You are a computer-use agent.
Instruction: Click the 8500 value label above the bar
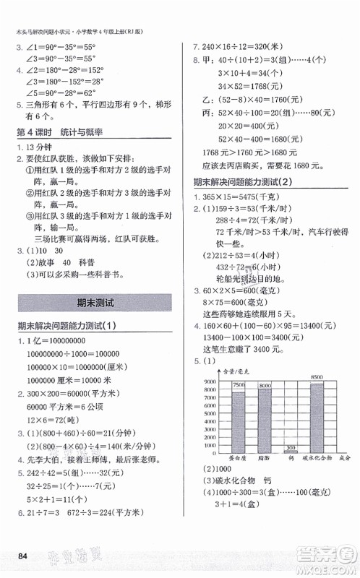(x=317, y=377)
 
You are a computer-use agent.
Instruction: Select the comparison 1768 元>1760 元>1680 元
(x=247, y=150)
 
